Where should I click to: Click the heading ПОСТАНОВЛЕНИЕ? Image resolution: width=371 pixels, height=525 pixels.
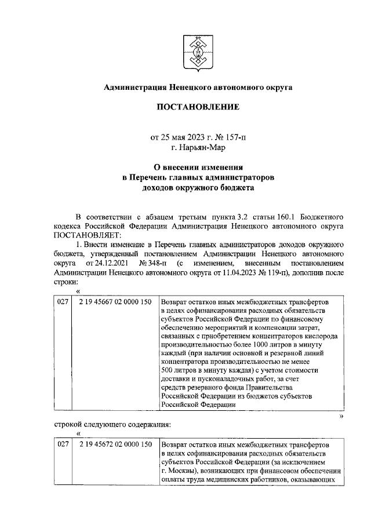coord(197,108)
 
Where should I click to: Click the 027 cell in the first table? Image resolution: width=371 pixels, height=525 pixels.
coord(63,302)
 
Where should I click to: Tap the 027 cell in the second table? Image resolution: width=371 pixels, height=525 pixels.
coord(63,444)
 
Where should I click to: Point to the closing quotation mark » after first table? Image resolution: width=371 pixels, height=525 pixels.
coord(341,415)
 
